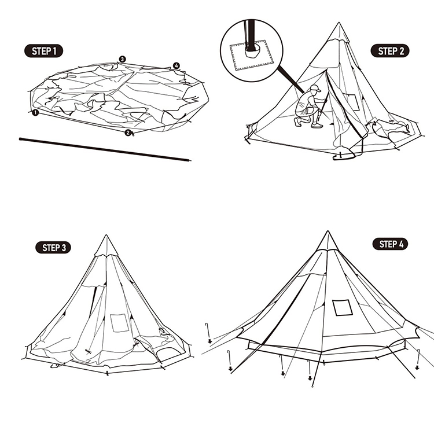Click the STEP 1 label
click(x=44, y=51)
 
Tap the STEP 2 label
click(x=389, y=51)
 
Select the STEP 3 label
click(x=53, y=248)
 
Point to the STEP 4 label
click(x=390, y=244)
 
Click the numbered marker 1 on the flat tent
click(x=35, y=113)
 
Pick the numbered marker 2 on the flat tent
click(x=128, y=133)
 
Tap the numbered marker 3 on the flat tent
click(x=122, y=59)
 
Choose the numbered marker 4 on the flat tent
click(x=176, y=65)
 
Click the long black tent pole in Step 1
click(x=105, y=149)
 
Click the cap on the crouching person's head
click(x=315, y=89)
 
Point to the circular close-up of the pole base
click(x=252, y=51)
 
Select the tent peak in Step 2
click(x=339, y=32)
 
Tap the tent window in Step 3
click(x=119, y=323)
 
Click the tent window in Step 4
click(x=343, y=307)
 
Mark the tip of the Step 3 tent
click(x=106, y=235)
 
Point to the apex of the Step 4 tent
click(x=328, y=231)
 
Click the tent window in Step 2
click(x=351, y=102)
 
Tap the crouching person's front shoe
click(x=317, y=126)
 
